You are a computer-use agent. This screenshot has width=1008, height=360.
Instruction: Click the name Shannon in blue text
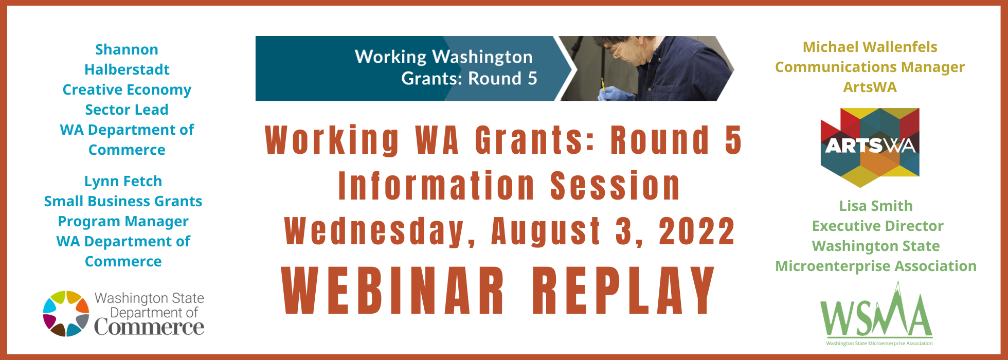(127, 49)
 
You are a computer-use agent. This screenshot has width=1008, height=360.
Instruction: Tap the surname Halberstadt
(127, 69)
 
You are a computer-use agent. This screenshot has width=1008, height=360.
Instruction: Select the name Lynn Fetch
(123, 181)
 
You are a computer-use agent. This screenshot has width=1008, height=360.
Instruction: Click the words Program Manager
(123, 222)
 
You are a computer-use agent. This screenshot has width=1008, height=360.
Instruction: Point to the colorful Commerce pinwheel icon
(66, 313)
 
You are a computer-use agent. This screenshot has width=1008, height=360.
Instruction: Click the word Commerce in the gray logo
(149, 327)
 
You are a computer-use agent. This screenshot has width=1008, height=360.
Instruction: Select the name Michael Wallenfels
(870, 47)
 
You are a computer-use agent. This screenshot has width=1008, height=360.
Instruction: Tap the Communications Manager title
(870, 67)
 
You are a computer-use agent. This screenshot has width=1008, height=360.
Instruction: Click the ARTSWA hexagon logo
(870, 147)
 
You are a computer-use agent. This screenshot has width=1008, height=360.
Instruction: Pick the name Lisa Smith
(876, 206)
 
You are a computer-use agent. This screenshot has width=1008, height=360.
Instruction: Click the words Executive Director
(877, 226)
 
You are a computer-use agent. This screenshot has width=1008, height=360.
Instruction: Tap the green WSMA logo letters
(876, 314)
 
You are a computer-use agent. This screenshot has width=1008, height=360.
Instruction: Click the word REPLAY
(623, 291)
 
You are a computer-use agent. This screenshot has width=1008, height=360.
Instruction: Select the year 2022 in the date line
(697, 231)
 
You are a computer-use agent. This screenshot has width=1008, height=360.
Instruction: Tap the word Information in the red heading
(436, 186)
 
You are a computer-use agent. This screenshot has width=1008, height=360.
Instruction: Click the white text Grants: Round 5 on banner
(469, 78)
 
